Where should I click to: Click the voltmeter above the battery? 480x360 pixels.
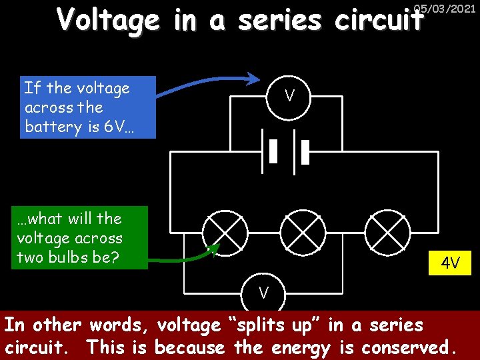point(289,97)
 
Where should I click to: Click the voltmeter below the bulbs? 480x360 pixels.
point(264,292)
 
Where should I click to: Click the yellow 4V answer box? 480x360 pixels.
point(450,263)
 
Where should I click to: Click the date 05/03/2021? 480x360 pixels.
point(445,9)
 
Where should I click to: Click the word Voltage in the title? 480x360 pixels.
point(109,21)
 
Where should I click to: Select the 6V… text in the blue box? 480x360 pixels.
point(119,127)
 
